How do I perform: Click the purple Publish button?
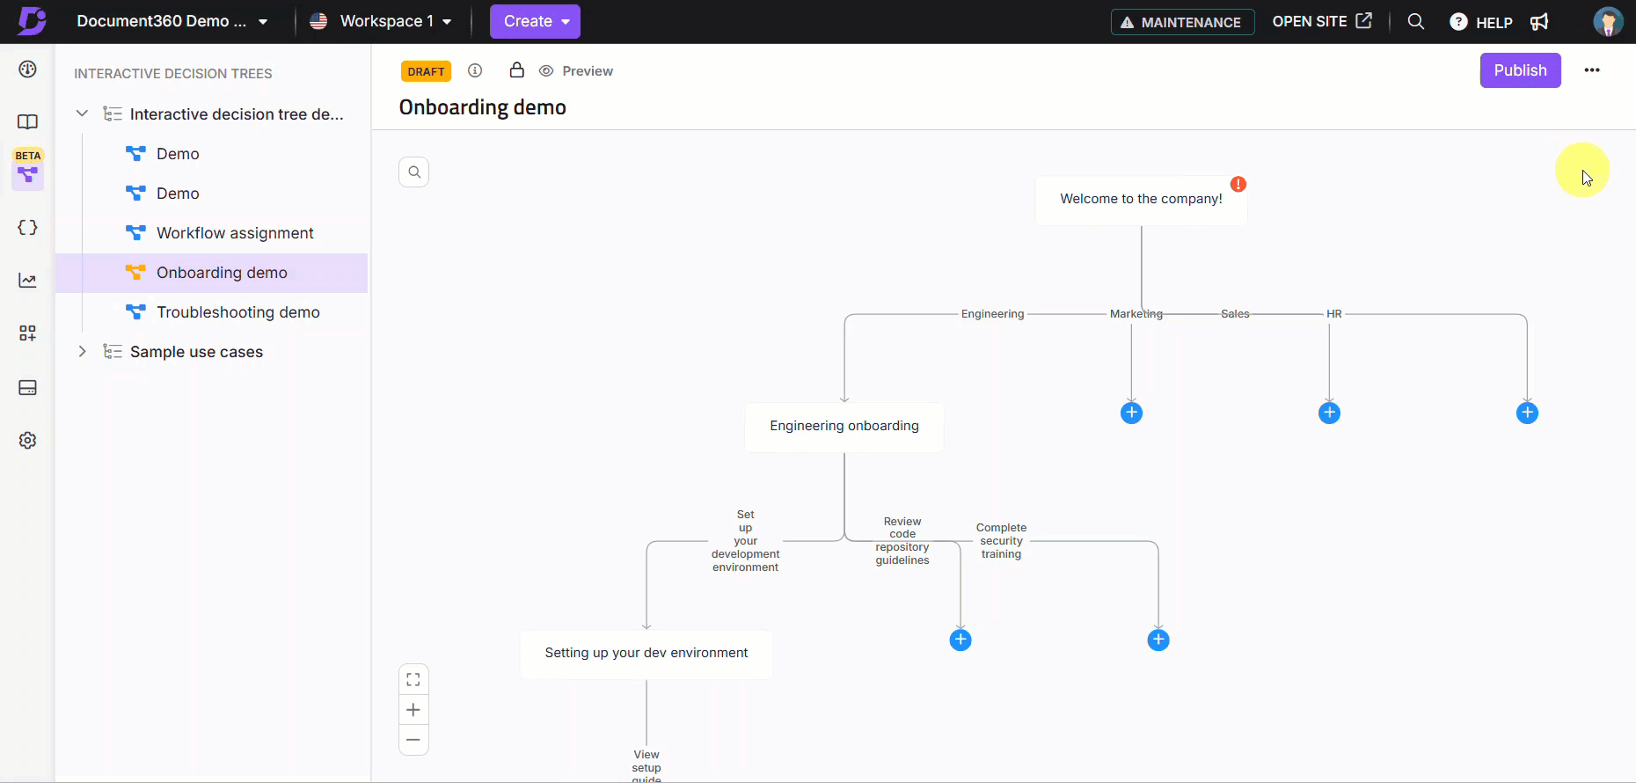[x=1520, y=70]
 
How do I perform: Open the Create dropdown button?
[x=535, y=21]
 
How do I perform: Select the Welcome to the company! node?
[x=1141, y=200]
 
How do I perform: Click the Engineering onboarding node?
[x=844, y=427]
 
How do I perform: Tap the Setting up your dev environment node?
[x=646, y=654]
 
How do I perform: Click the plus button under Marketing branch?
[x=1131, y=413]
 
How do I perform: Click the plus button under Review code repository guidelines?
[x=960, y=640]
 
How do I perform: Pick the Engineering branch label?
[x=992, y=314]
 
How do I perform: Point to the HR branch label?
[x=1334, y=314]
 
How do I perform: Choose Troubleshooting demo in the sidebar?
[x=238, y=312]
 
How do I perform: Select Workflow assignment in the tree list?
[x=235, y=233]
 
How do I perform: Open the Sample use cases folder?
[x=196, y=352]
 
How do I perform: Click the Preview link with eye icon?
[x=576, y=71]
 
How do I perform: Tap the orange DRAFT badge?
[x=426, y=71]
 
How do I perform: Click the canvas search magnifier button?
[x=414, y=172]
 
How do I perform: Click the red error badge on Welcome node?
[x=1238, y=184]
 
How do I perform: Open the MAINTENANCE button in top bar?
[x=1182, y=22]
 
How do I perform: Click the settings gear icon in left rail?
[x=28, y=440]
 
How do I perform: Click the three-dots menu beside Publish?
[x=1592, y=70]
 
